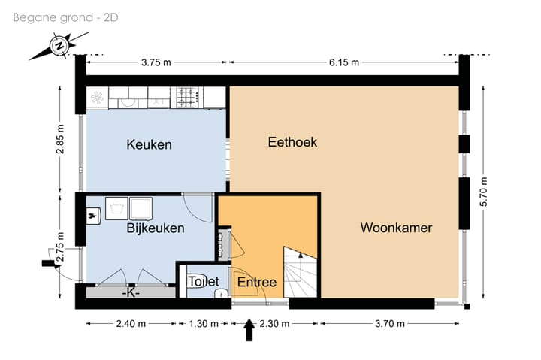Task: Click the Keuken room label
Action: click(149, 144)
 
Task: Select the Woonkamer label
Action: click(396, 228)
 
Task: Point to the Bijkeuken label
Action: click(156, 228)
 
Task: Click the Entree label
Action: click(257, 283)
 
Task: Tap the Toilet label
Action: click(204, 282)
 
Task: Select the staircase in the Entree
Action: click(301, 273)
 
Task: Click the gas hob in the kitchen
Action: click(187, 96)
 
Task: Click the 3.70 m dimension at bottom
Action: click(389, 324)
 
